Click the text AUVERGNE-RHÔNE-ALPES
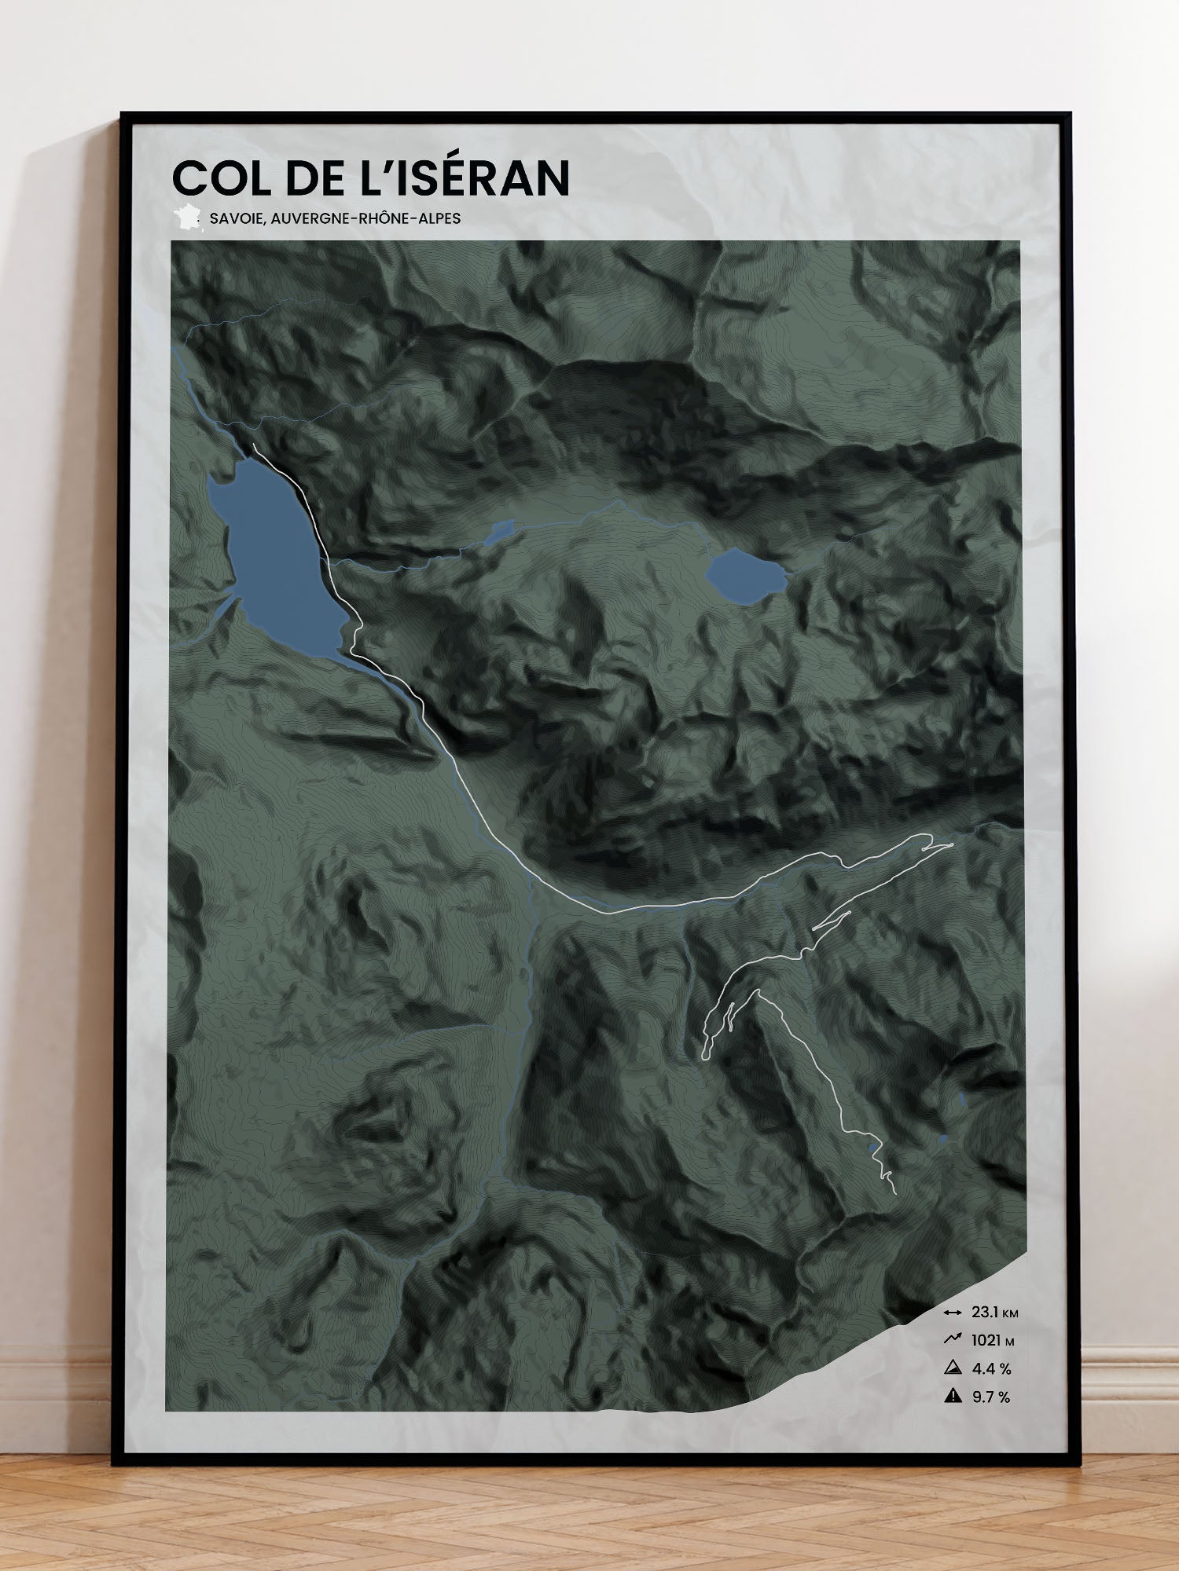point(365,218)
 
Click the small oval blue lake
point(744,576)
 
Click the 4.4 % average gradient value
point(991,1369)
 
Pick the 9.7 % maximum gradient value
point(990,1397)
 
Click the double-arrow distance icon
point(953,1313)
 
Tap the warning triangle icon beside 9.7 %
point(953,1397)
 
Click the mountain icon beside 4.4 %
point(953,1368)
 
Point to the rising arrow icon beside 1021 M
point(953,1339)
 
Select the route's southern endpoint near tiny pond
point(895,1193)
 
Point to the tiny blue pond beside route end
point(873,1149)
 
